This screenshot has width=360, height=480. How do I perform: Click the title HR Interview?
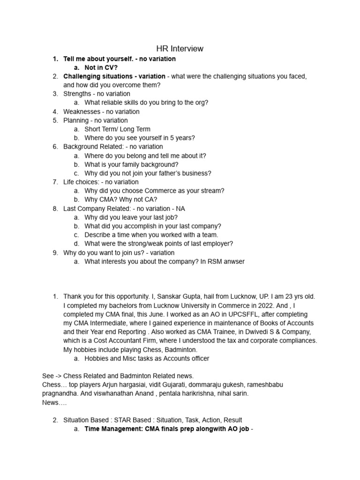(x=180, y=48)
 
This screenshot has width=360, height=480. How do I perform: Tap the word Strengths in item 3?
(x=77, y=94)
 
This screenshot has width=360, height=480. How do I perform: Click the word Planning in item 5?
(x=76, y=120)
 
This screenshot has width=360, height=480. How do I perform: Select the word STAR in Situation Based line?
(x=124, y=420)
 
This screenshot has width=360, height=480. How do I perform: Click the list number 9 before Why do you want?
(x=55, y=253)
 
